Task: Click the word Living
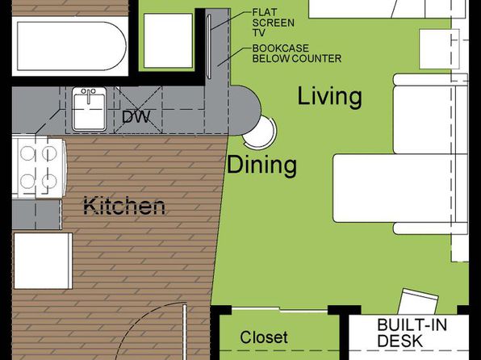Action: coord(330,97)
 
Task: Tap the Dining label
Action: coord(261,165)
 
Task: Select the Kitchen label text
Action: coord(124,206)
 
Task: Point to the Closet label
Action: coord(264,337)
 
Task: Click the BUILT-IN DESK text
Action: coord(412,333)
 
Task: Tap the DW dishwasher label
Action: coord(136,116)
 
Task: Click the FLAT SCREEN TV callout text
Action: coord(273,23)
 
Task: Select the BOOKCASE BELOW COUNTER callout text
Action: coord(297,53)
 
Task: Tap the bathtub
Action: coord(72,46)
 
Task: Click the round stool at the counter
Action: coord(262,132)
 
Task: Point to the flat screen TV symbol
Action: coord(209,47)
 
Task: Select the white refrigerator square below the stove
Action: coord(43,261)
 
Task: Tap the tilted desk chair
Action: coord(418,301)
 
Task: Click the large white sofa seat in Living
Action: coord(394,188)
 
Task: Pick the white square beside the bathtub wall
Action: coord(168,40)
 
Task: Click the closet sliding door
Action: coord(279,309)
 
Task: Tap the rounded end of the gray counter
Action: coord(249,110)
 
